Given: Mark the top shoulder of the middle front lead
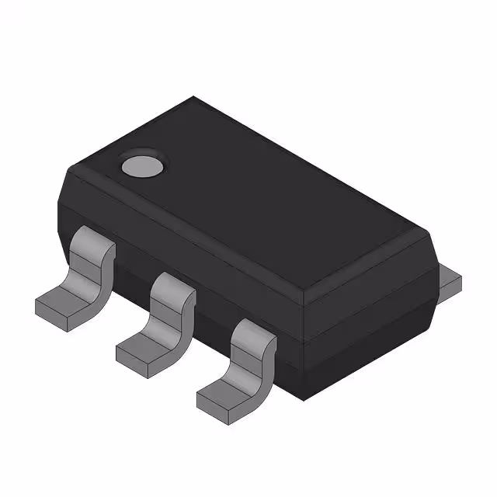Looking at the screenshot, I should point(171,285).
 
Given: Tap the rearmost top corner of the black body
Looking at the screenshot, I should point(193,99).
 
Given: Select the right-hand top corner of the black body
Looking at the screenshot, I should point(426,230).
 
